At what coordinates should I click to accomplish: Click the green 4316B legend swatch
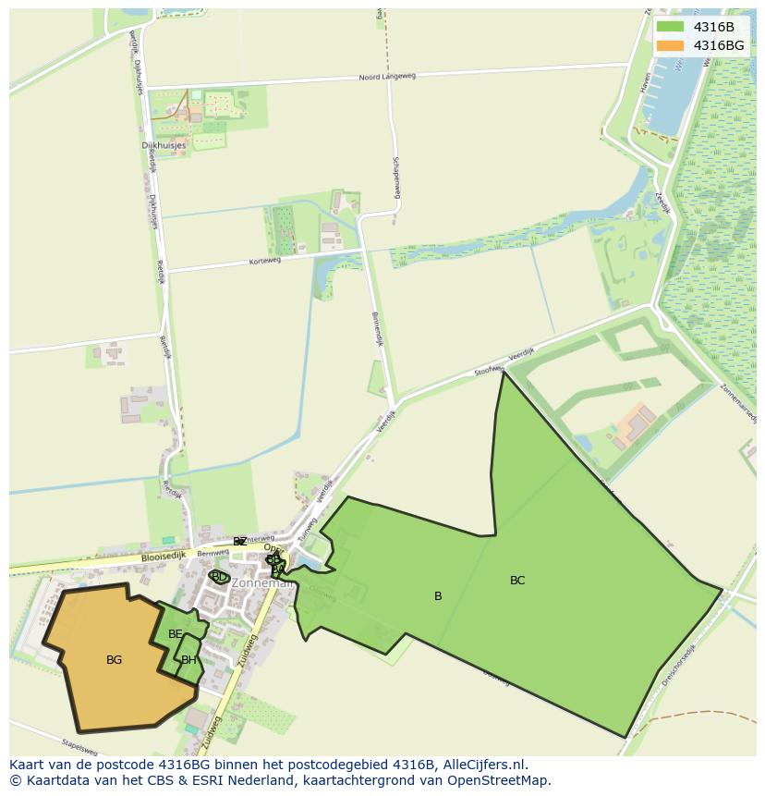click(x=670, y=27)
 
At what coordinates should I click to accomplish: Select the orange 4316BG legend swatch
click(x=670, y=45)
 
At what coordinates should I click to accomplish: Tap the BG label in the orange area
click(x=114, y=660)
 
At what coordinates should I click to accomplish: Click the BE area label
click(x=176, y=634)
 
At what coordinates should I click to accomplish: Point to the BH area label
click(x=188, y=660)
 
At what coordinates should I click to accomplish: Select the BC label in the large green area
click(x=517, y=581)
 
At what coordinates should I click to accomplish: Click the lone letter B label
click(x=438, y=596)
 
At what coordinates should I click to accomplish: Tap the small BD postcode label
click(x=219, y=577)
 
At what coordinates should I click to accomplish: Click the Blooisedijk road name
click(x=164, y=557)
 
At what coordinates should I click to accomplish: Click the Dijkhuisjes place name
click(x=164, y=145)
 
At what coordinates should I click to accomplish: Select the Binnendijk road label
click(x=377, y=328)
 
